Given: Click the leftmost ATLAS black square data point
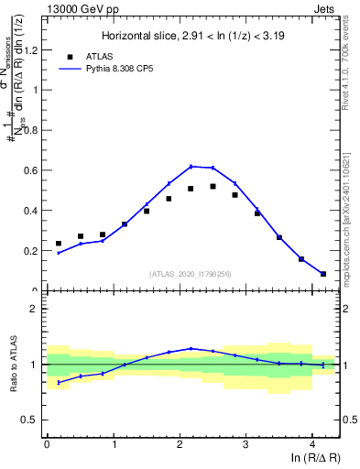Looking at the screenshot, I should [x=59, y=244].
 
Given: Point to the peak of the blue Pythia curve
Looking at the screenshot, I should [x=191, y=166].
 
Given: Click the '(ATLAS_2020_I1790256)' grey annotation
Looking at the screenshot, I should [x=191, y=274].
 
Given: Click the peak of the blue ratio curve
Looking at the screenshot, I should [x=191, y=348].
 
